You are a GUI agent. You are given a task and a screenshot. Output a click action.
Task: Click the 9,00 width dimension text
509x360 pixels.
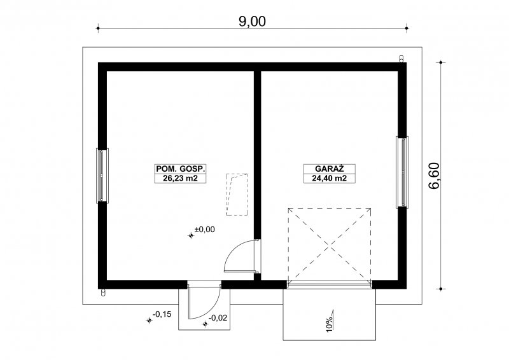click(252, 22)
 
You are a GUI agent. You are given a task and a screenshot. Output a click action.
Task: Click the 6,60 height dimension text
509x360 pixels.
click(434, 176)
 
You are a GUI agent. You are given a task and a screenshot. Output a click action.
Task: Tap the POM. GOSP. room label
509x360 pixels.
click(180, 169)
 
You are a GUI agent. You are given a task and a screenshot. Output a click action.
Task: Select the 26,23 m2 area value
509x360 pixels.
click(180, 178)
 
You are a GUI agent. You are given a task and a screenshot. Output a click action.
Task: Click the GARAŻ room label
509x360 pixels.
click(330, 169)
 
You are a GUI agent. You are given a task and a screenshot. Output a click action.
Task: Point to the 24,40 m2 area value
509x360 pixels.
click(330, 178)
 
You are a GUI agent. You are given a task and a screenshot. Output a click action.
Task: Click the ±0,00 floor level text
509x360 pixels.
click(204, 230)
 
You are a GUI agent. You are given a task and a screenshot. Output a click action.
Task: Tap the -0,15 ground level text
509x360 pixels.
click(162, 314)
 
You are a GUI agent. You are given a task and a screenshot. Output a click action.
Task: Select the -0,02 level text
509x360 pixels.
click(218, 318)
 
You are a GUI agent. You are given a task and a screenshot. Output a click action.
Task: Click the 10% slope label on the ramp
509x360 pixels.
click(330, 324)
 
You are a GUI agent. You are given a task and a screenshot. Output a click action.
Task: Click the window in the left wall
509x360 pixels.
click(102, 176)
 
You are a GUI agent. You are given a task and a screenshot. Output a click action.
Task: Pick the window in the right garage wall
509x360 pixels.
click(402, 172)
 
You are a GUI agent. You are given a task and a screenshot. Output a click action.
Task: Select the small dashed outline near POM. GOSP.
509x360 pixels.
click(237, 195)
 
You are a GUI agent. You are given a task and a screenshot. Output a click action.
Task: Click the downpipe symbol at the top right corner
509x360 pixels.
click(401, 59)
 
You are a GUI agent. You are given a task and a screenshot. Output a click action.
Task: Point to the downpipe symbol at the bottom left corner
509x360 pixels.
click(103, 292)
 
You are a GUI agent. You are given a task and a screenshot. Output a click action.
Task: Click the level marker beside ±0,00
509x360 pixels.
click(191, 236)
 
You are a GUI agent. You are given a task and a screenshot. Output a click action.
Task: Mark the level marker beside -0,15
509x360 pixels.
click(149, 321)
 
